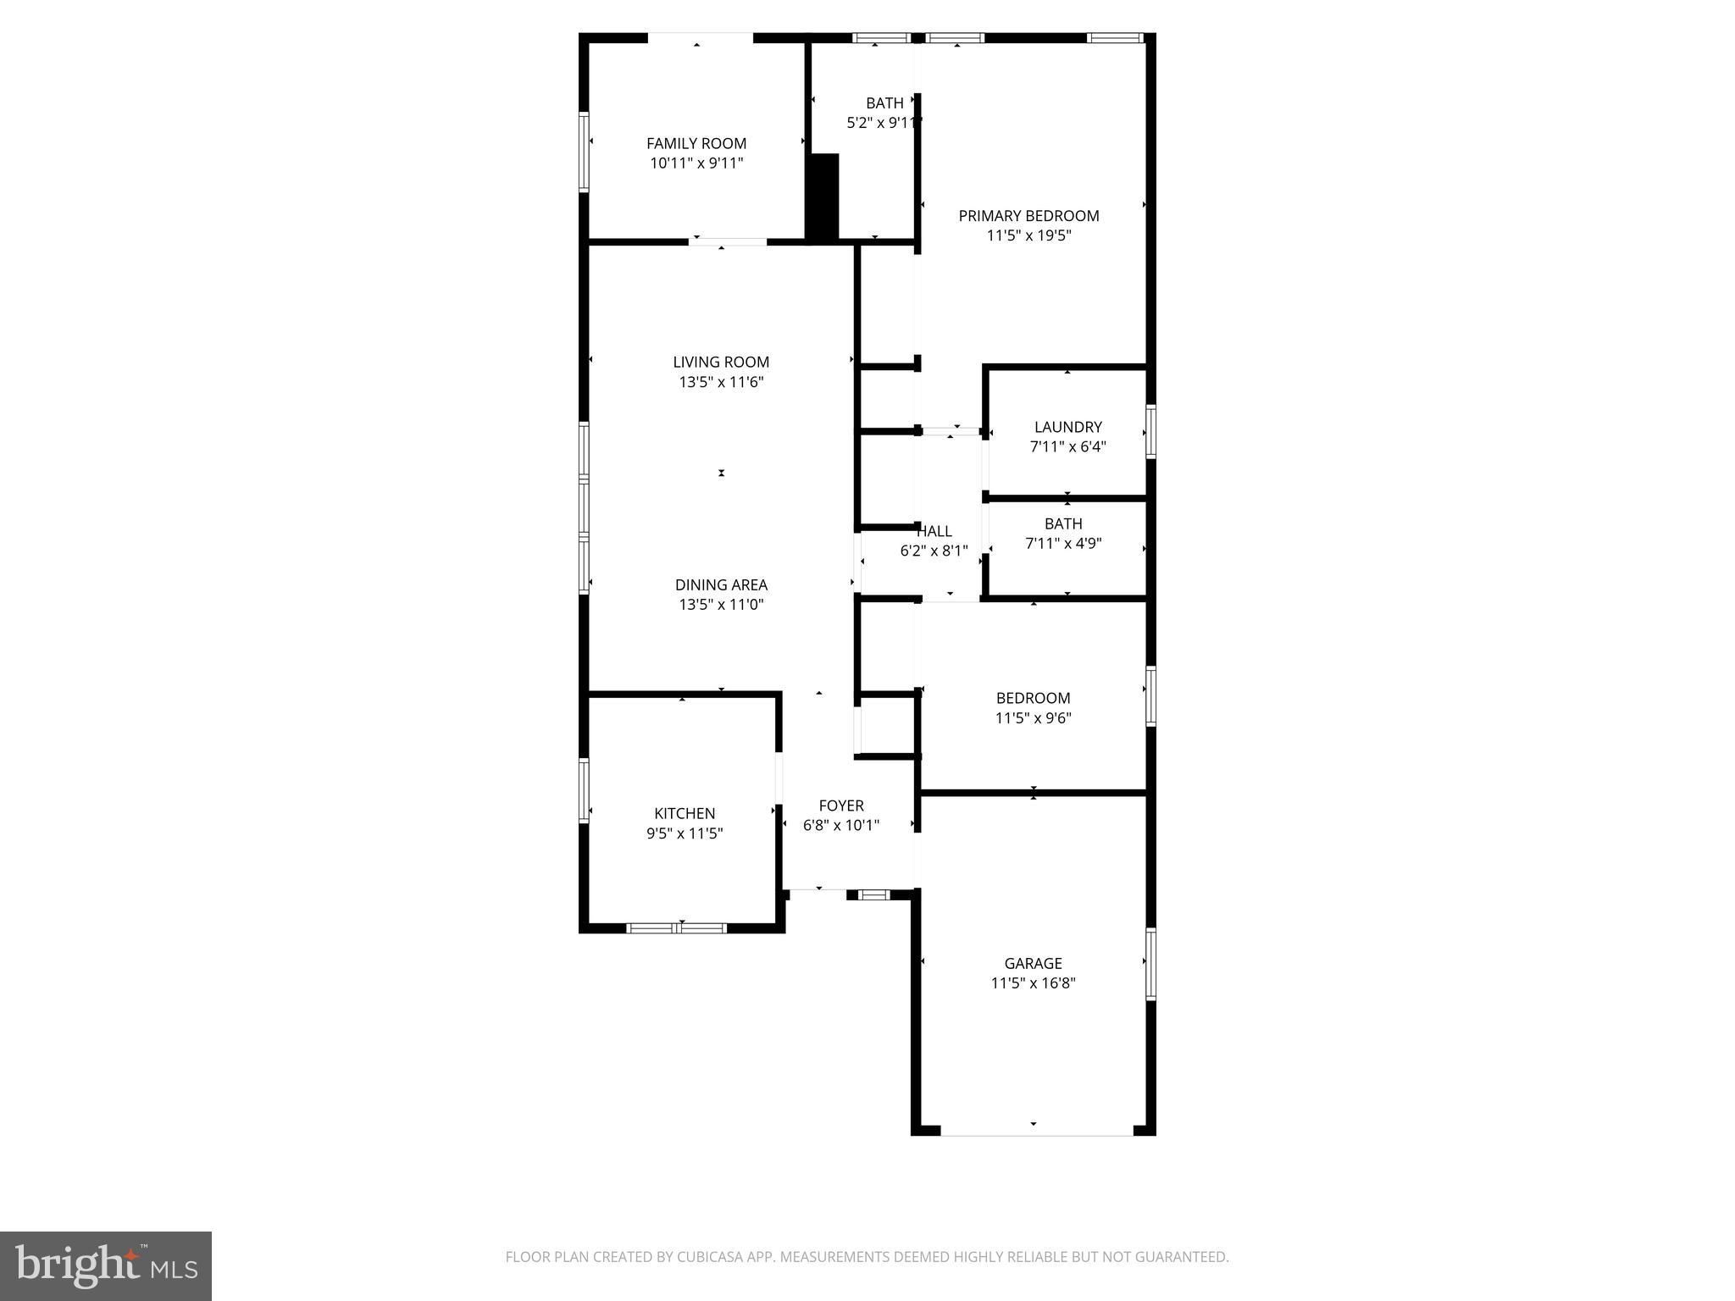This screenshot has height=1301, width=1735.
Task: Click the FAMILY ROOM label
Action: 696,144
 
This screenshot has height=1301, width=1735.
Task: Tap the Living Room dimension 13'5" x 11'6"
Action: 721,382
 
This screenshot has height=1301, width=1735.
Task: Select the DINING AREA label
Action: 721,584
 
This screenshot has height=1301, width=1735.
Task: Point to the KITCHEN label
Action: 685,813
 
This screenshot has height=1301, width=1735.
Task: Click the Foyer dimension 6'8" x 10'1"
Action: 841,825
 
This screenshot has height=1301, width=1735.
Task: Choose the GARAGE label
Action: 1033,963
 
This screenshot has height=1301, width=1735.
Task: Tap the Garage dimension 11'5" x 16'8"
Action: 1033,983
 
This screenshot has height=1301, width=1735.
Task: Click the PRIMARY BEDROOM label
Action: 1028,216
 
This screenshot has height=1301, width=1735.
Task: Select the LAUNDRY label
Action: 1067,427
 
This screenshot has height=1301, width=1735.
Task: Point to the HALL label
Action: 934,531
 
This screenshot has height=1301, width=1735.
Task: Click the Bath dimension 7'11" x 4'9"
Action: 1063,544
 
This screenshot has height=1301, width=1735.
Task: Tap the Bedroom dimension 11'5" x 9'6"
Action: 1033,718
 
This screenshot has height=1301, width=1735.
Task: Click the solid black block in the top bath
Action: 822,198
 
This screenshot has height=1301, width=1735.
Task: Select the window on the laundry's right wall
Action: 1151,432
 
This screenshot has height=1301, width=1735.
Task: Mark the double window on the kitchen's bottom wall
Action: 676,927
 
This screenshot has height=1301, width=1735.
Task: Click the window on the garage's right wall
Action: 1151,964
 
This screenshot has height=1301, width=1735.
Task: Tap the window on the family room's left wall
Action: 584,152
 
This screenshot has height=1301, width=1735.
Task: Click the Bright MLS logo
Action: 106,1266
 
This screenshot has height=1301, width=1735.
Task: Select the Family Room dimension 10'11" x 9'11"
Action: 696,163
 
